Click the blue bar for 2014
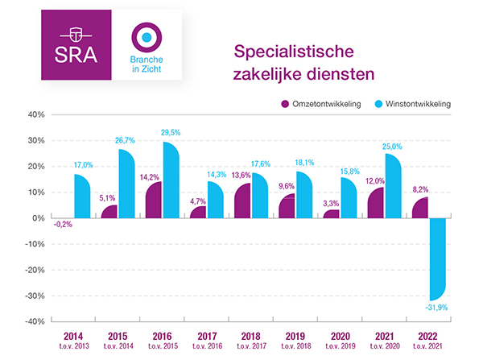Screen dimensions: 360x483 pyautogui.click(x=84, y=197)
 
